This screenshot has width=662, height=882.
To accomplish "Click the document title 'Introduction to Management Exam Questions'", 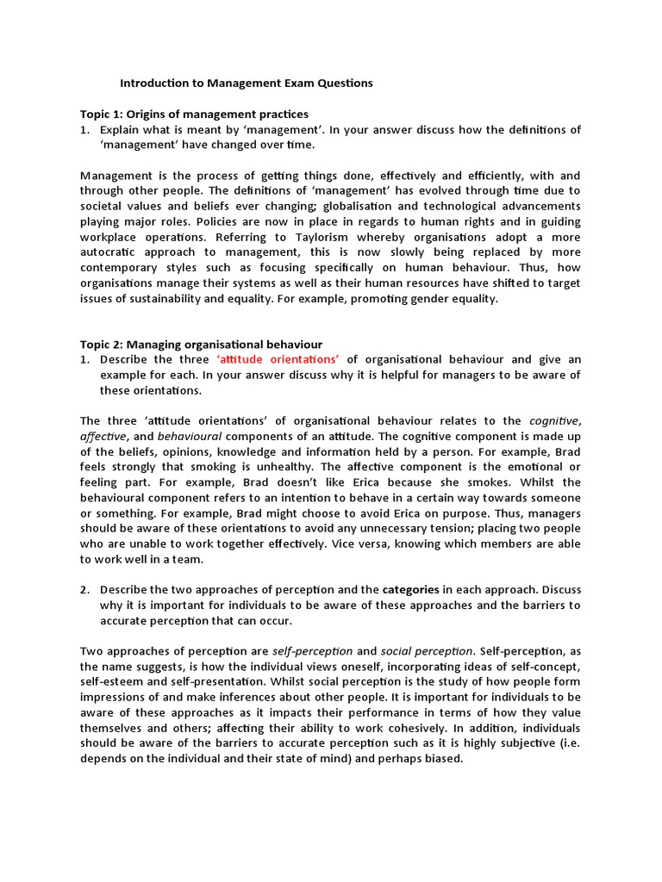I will click(x=246, y=84).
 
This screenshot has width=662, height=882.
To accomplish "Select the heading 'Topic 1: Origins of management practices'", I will click(x=194, y=114).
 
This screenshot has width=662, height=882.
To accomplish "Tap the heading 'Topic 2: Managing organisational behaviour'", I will click(x=201, y=344).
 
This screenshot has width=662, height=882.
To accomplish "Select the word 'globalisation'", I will click(x=348, y=206).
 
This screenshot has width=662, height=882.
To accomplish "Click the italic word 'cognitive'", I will click(x=553, y=420).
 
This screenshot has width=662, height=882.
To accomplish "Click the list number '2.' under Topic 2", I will click(x=86, y=589).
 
